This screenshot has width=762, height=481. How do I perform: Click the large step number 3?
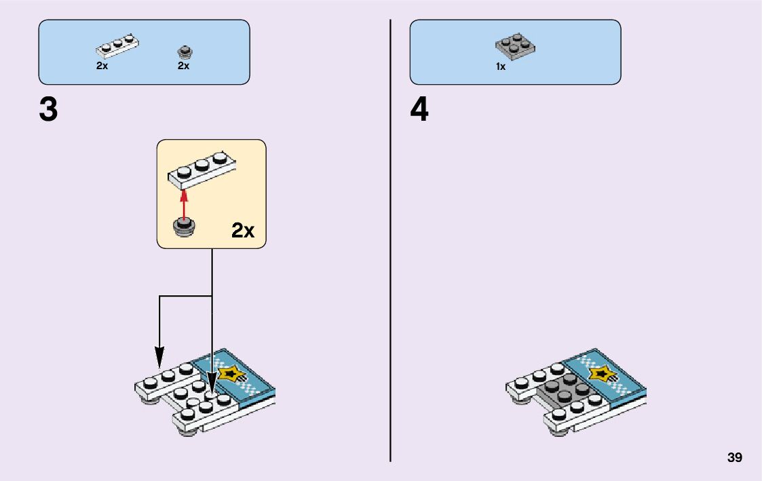click(48, 110)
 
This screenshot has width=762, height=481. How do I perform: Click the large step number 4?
click(419, 110)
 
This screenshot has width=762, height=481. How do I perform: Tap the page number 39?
click(734, 458)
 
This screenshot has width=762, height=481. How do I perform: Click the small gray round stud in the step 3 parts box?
click(183, 51)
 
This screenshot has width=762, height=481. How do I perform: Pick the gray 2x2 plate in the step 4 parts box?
click(514, 46)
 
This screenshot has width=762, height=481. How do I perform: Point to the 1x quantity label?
click(501, 66)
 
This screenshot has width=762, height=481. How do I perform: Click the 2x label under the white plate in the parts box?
click(102, 66)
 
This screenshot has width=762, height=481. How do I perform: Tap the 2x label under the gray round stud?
click(183, 66)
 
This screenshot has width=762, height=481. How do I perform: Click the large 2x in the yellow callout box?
click(242, 231)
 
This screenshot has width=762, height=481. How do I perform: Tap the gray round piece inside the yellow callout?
click(183, 227)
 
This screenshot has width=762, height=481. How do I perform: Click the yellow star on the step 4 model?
click(602, 372)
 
